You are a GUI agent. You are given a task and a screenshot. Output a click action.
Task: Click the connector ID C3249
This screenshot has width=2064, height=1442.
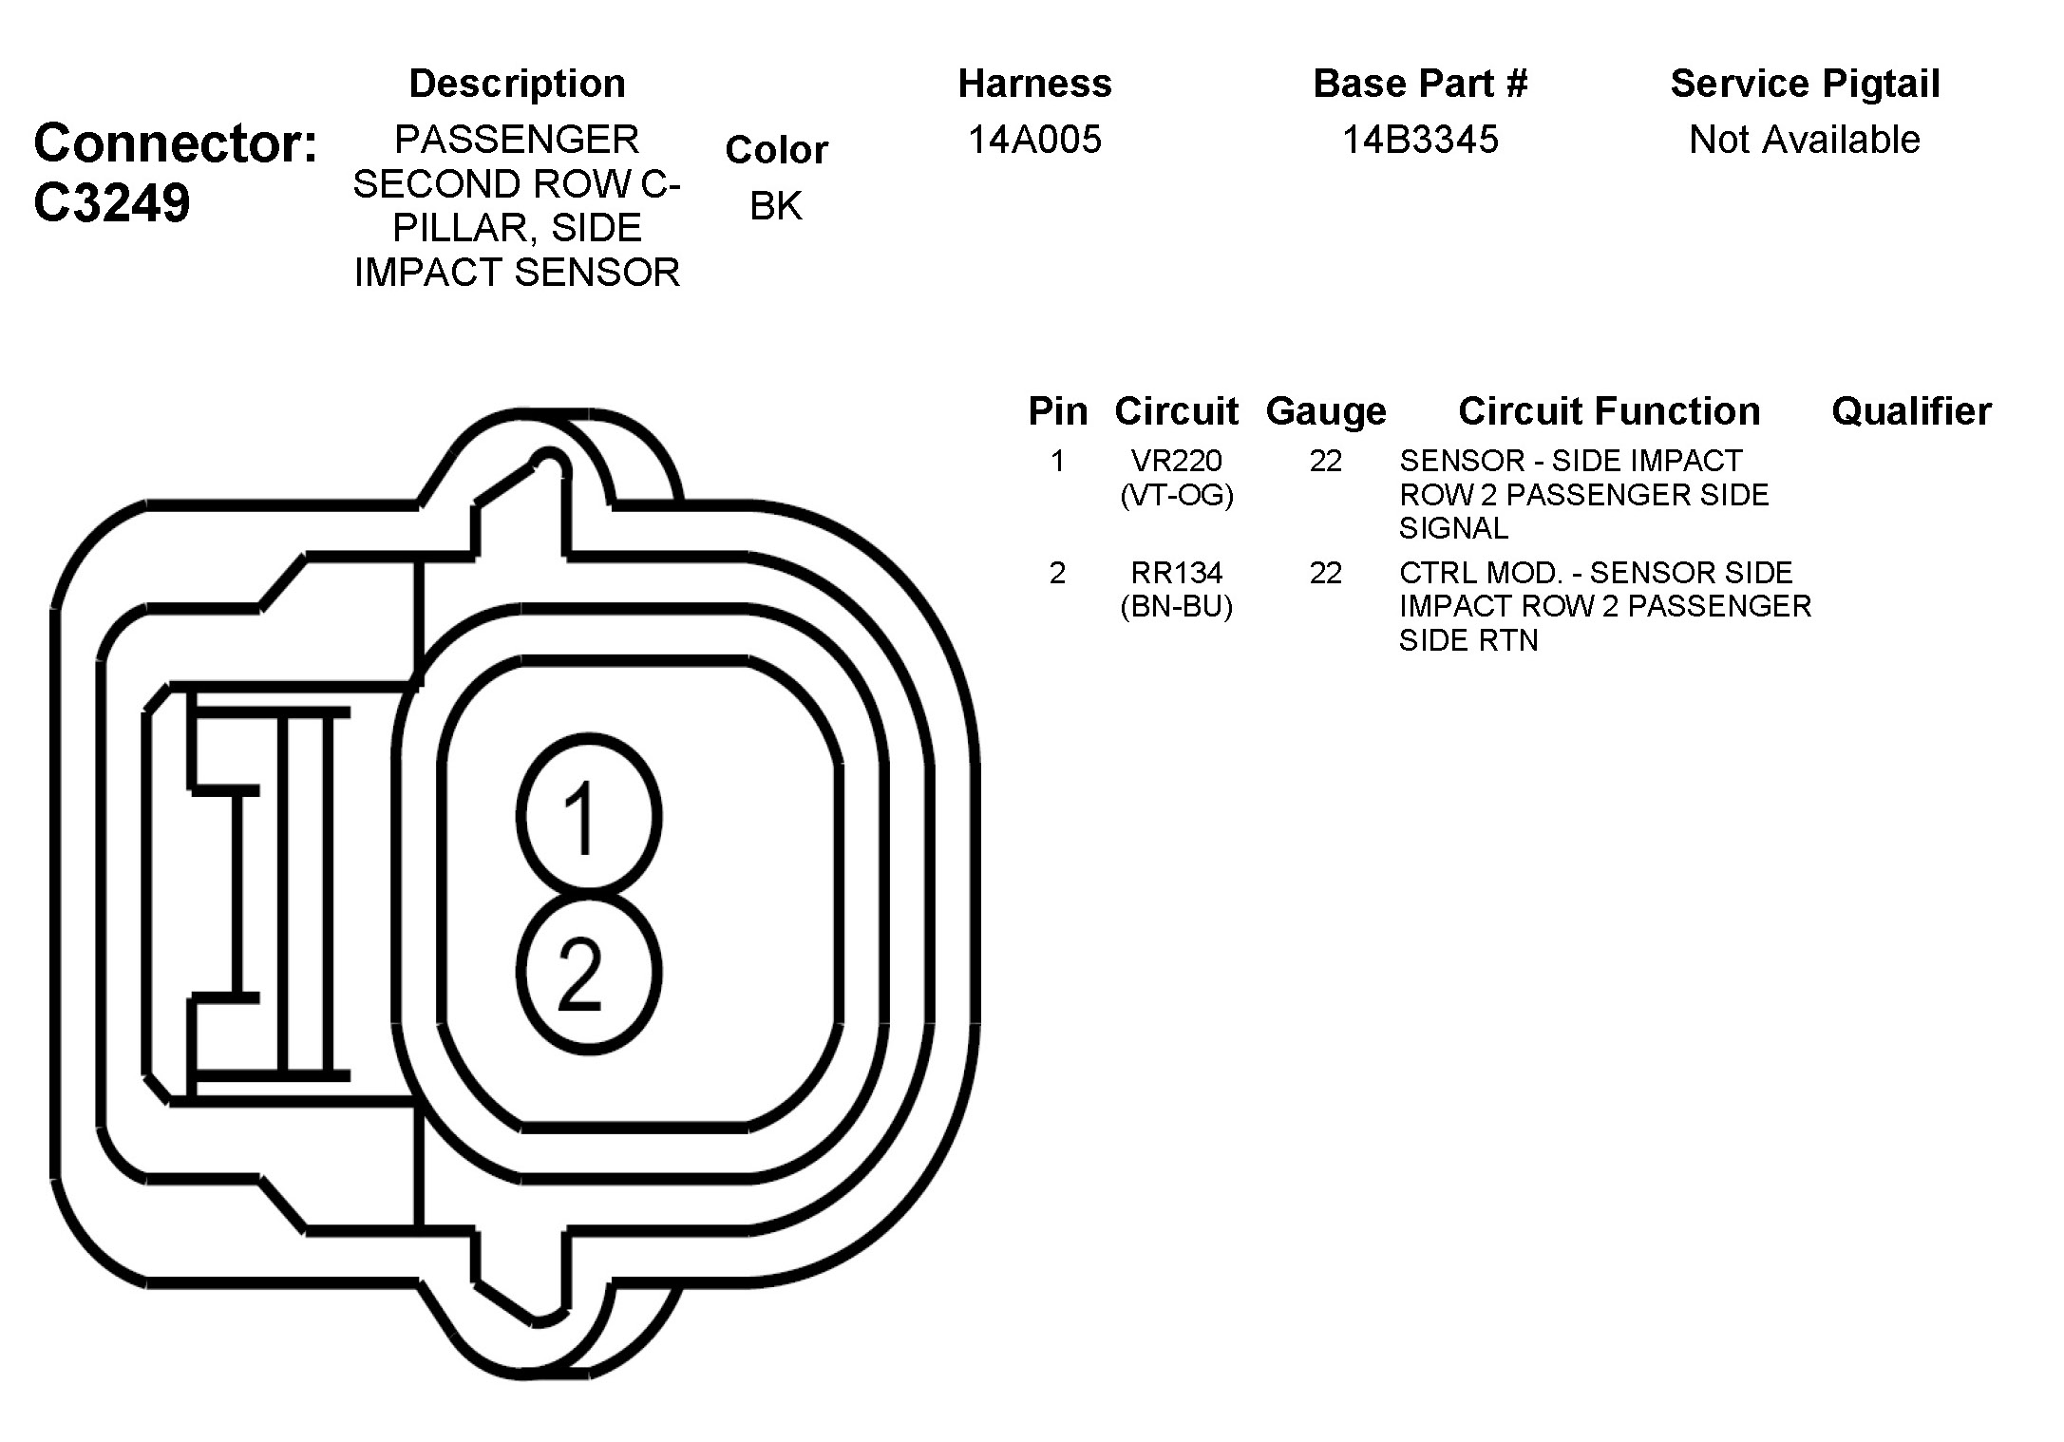click(x=112, y=202)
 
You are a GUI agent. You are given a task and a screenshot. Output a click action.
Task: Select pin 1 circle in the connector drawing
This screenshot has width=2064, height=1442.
click(x=589, y=815)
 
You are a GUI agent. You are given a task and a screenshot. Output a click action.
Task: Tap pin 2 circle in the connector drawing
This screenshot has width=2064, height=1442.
click(x=589, y=973)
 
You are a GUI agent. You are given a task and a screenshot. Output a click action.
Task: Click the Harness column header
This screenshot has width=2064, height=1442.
click(x=1034, y=84)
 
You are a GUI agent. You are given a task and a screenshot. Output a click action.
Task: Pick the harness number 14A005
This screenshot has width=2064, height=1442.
click(x=1034, y=140)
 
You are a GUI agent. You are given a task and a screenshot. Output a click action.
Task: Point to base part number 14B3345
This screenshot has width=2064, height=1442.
click(x=1420, y=140)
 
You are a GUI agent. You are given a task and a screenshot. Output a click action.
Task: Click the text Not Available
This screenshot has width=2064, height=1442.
click(x=1805, y=140)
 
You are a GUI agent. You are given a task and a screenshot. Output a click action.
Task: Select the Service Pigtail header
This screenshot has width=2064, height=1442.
click(x=1805, y=84)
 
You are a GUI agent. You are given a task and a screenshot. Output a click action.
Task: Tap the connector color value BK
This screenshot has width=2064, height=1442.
click(x=776, y=205)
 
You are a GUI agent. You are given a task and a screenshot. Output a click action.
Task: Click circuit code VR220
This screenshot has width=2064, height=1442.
click(x=1177, y=461)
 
